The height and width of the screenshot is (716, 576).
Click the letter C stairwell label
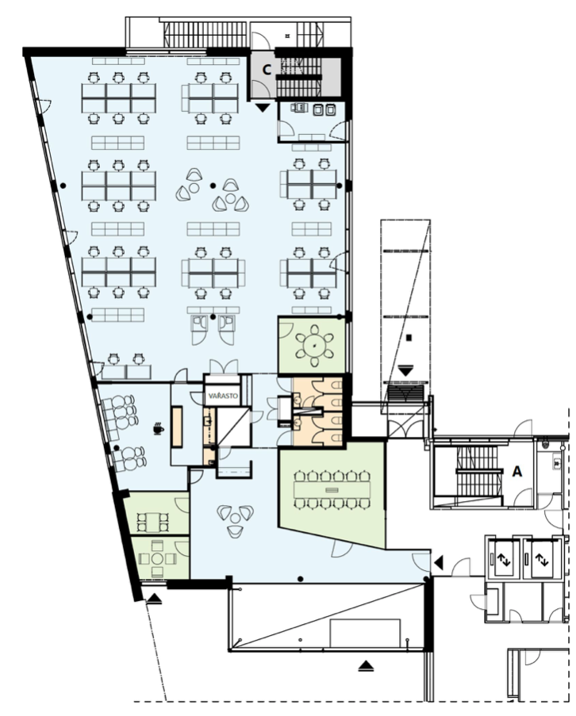click(x=267, y=70)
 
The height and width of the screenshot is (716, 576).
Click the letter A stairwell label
click(x=516, y=471)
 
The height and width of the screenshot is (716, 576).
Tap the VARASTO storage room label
click(x=223, y=396)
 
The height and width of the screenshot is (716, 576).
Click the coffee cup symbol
click(x=158, y=429)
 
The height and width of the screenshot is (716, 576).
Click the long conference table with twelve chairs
click(x=332, y=490)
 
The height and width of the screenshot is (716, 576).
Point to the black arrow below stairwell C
click(x=263, y=108)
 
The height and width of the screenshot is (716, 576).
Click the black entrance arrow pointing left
click(x=438, y=563)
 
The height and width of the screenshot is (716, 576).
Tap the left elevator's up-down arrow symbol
click(x=504, y=559)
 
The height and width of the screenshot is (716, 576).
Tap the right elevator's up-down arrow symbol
click(x=542, y=559)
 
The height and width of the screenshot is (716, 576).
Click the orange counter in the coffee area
click(x=177, y=427)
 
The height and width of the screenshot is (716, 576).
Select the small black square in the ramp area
click(x=409, y=338)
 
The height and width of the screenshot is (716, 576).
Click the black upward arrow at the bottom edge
click(x=366, y=666)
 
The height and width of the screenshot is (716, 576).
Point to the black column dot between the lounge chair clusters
click(x=213, y=186)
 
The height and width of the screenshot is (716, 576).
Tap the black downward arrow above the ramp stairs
click(x=405, y=370)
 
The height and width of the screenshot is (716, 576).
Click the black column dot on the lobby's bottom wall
click(x=300, y=579)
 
